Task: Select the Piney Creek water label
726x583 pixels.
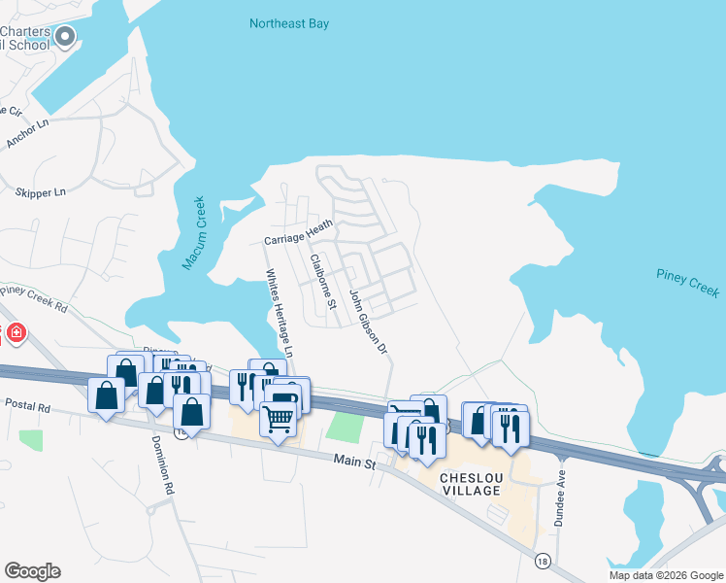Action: [688, 284]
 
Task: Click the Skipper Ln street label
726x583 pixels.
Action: [40, 192]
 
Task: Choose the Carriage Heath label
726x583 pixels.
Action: [298, 231]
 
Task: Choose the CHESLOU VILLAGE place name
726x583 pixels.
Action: [470, 484]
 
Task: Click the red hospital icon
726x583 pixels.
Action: [16, 334]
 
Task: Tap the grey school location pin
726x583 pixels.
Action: [66, 38]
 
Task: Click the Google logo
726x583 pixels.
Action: [32, 570]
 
